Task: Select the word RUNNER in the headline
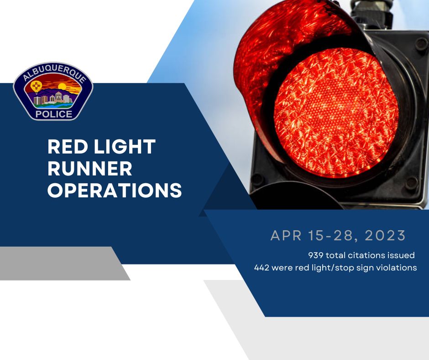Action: (x=90, y=169)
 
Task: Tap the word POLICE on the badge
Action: (x=53, y=114)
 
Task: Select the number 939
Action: (x=316, y=255)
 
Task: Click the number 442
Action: (x=262, y=268)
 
